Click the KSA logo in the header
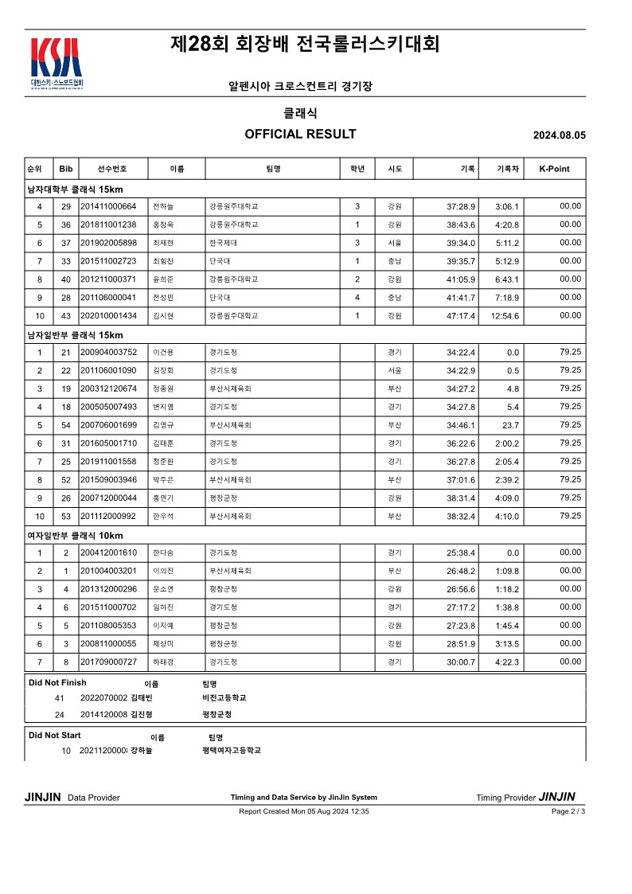click(56, 62)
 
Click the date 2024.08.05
click(559, 135)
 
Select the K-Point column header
click(554, 169)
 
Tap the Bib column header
click(65, 169)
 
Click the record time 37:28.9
click(461, 207)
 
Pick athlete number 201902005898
click(108, 243)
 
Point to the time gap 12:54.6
click(505, 316)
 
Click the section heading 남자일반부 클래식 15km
click(75, 335)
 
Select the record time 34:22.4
click(461, 353)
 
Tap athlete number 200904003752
click(108, 353)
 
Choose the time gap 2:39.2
click(507, 480)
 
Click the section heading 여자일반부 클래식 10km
click(75, 536)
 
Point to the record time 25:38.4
click(461, 553)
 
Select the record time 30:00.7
click(461, 662)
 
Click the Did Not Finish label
click(57, 683)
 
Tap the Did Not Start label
click(54, 736)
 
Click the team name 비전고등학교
click(224, 698)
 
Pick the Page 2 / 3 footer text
click(568, 811)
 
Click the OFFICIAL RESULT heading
click(300, 134)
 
